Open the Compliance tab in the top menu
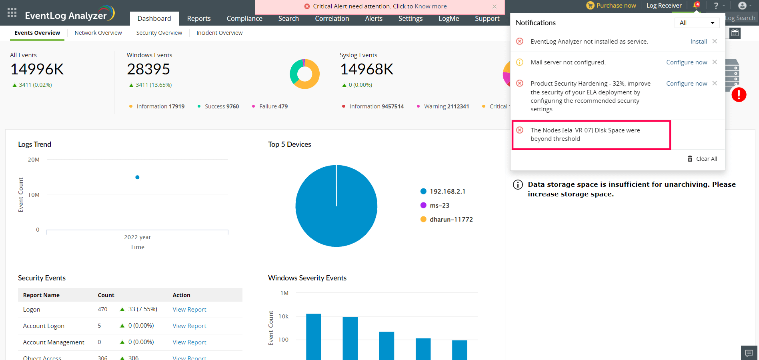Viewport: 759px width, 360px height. (244, 18)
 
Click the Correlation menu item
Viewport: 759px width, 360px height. (332, 18)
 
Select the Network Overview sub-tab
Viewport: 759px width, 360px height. (98, 33)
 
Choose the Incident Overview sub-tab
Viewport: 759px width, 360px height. (219, 33)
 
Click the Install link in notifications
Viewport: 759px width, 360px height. (699, 42)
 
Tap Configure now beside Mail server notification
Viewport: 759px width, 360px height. (687, 62)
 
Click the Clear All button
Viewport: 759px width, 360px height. (703, 159)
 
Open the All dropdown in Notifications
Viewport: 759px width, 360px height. (697, 23)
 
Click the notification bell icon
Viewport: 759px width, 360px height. (696, 6)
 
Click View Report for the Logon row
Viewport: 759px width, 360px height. (189, 310)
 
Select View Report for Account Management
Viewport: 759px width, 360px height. (189, 342)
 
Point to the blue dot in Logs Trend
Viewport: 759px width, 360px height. (137, 177)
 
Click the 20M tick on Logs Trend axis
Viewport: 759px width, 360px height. (34, 160)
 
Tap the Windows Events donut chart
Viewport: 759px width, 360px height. (304, 74)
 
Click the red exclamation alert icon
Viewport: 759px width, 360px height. (739, 95)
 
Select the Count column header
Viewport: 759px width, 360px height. (106, 295)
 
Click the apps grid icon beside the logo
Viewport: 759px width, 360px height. (12, 13)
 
